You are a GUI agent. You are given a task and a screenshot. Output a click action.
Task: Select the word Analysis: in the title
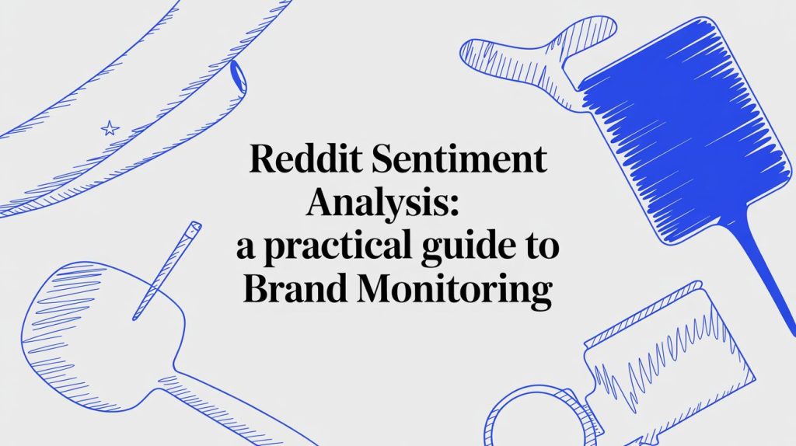(x=384, y=203)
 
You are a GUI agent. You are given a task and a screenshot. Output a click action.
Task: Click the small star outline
(x=110, y=128)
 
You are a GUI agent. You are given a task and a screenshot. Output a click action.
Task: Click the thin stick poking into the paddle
(x=166, y=270)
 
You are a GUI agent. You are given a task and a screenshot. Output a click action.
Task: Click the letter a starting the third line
(x=246, y=249)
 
